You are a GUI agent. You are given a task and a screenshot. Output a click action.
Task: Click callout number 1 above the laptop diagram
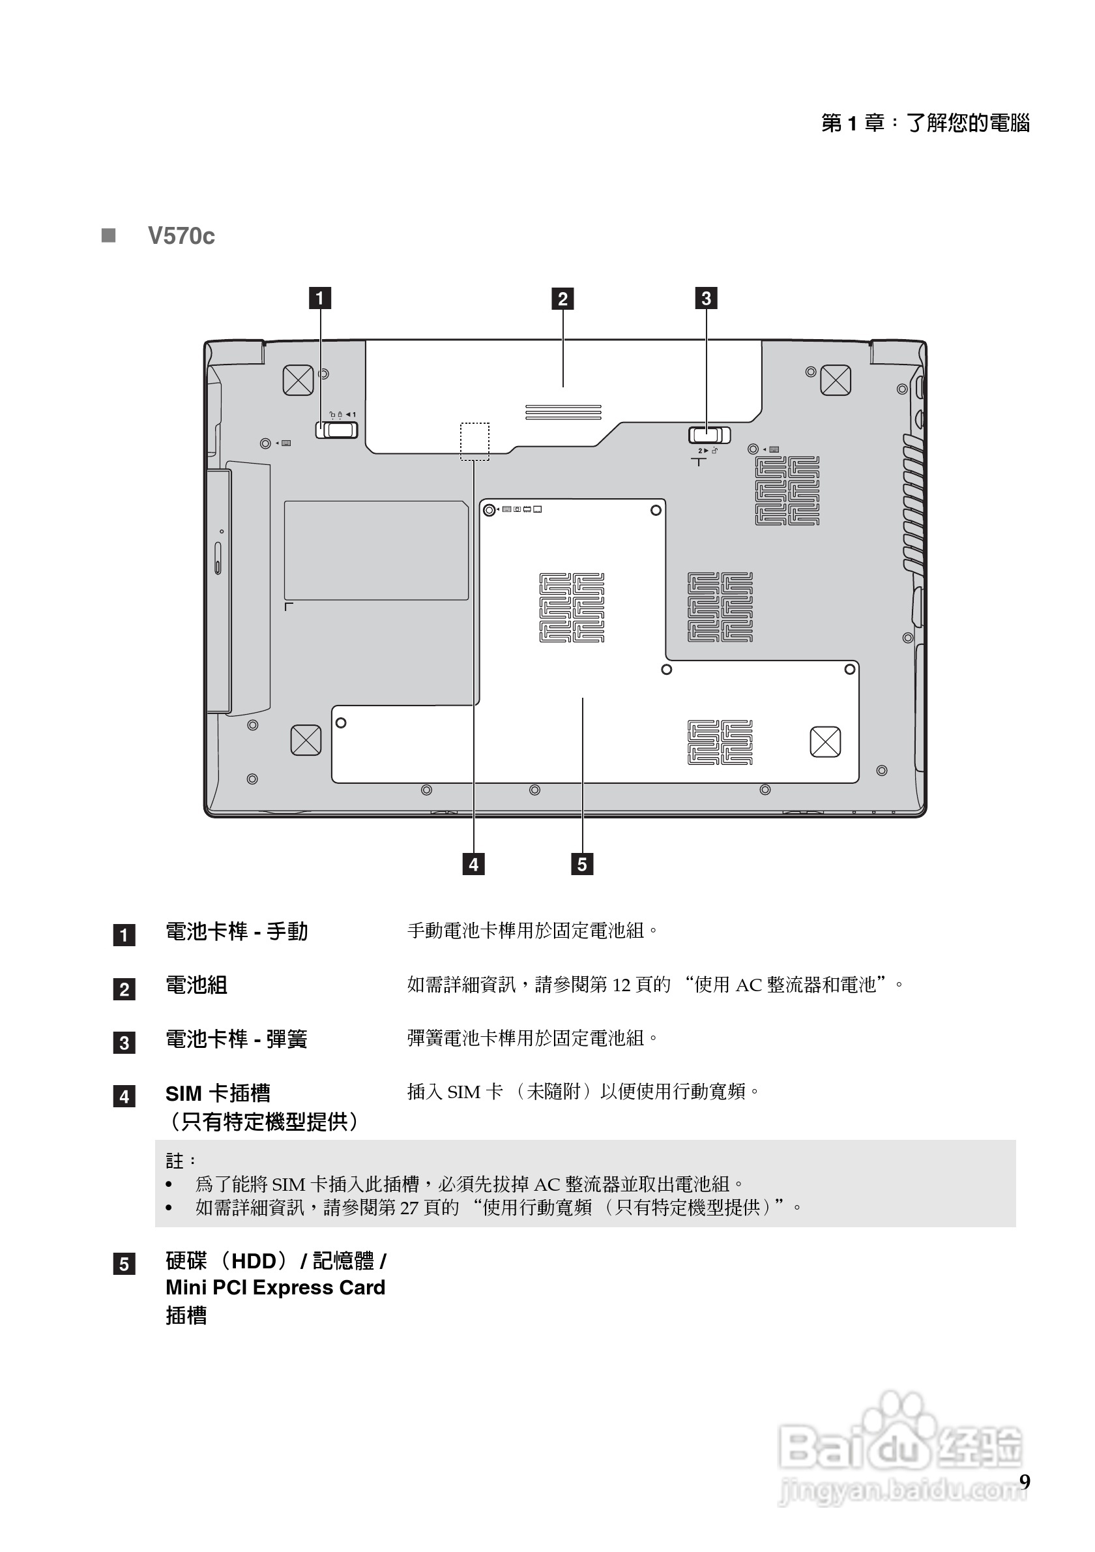[x=320, y=298]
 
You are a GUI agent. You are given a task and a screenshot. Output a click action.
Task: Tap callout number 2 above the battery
[x=562, y=299]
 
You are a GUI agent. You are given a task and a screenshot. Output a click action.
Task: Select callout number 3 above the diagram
[x=707, y=298]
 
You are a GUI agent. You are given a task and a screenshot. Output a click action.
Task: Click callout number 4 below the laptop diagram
[x=474, y=864]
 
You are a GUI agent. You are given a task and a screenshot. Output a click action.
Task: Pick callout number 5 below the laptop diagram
[x=581, y=864]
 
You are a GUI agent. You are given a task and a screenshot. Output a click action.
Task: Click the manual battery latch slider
[x=336, y=430]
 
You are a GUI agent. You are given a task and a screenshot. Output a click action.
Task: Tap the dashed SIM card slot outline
[x=475, y=441]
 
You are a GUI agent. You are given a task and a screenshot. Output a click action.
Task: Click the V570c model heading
[x=181, y=236]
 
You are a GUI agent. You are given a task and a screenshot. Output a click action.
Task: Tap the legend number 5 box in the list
[x=124, y=1263]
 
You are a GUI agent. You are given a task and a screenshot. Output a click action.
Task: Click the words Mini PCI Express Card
[x=276, y=1288]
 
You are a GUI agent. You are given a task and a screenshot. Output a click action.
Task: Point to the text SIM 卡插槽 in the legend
[x=218, y=1093]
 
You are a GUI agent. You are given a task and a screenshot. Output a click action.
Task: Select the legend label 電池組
[x=197, y=985]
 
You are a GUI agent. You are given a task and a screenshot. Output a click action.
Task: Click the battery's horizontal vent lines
[x=562, y=411]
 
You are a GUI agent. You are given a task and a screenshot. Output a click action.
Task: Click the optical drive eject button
[x=218, y=557]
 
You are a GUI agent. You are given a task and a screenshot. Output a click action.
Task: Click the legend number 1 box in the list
[x=124, y=935]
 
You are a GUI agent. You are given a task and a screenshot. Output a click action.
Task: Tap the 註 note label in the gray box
[x=175, y=1161]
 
